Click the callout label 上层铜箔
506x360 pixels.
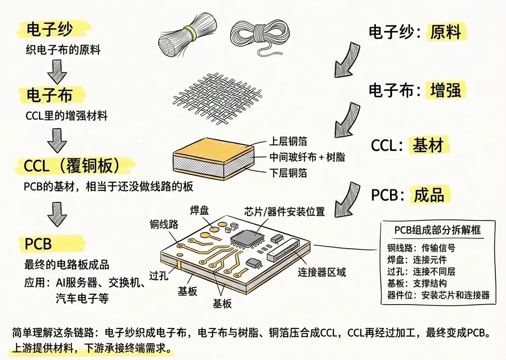[x=288, y=141]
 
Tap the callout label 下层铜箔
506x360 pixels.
[x=288, y=173]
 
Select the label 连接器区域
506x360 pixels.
[x=322, y=272]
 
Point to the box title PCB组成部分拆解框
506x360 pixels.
[x=437, y=230]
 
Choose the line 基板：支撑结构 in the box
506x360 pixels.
[x=417, y=283]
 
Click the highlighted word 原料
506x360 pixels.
[x=446, y=32]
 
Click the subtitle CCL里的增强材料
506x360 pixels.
[x=66, y=115]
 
